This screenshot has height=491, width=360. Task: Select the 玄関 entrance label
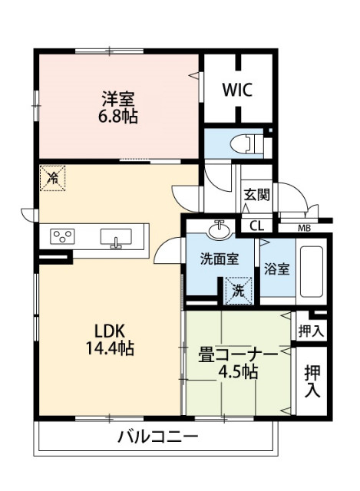point(257,194)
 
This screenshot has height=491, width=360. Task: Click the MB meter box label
point(306,228)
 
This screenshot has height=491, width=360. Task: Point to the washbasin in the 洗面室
point(221,229)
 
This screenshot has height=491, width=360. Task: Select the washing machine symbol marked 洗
point(239,290)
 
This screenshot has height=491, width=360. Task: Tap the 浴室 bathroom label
point(277,269)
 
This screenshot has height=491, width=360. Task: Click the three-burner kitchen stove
point(63,236)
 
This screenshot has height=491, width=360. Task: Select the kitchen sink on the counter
point(116,238)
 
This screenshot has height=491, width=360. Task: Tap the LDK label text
point(112,331)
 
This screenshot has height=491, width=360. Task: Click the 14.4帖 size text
point(112,349)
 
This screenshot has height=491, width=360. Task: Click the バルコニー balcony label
point(157,438)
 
